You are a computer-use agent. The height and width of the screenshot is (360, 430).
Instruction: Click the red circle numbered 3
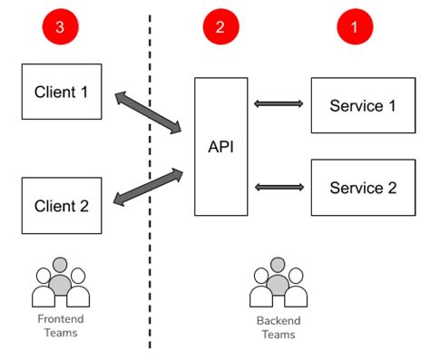pos(60,28)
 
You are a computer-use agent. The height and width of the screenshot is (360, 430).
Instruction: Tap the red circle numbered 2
pos(220,28)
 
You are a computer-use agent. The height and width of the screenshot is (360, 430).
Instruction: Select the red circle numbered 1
pos(355,28)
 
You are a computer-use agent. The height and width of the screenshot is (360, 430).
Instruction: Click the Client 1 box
pos(61,91)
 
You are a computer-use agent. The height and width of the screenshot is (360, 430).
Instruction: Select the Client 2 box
pos(61,206)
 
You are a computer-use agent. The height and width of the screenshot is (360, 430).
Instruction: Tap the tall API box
pos(220,146)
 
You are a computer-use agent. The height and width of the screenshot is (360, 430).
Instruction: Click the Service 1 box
pos(363,105)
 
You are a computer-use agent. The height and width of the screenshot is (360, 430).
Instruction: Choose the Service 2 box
pos(363,188)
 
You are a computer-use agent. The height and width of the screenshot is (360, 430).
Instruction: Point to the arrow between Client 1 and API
pos(149,112)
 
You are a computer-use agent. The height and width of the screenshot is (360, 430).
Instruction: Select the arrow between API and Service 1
pos(279,105)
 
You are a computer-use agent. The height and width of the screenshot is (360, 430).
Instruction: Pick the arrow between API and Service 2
pos(279,188)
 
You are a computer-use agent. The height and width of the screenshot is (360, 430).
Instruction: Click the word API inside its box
pos(220,146)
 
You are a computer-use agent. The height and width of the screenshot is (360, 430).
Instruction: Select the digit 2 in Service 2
pos(391,188)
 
